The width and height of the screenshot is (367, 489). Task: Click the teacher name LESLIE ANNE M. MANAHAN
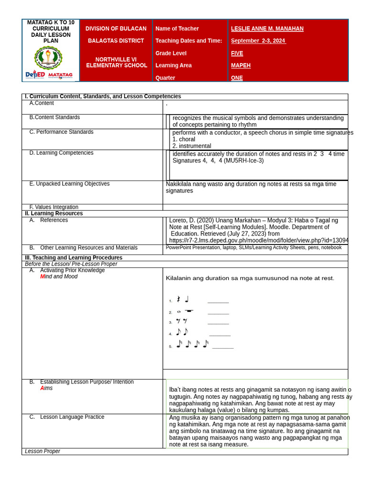[267, 29]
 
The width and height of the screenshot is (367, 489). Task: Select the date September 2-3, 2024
[259, 41]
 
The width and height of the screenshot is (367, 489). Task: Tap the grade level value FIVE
[237, 53]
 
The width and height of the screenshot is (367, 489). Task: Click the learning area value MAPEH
[241, 65]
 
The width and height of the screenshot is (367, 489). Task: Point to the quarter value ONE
[237, 78]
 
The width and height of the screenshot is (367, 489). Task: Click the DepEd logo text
[35, 75]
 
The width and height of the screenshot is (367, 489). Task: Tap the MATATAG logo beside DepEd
[61, 75]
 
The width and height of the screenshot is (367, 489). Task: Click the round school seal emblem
[48, 57]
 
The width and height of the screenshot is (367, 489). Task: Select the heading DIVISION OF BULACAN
[116, 29]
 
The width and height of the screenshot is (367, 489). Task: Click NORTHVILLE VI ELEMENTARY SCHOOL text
[116, 63]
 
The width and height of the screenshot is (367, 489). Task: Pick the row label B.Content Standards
[54, 117]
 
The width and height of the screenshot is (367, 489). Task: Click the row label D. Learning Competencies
[61, 153]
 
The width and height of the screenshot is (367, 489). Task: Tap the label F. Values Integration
[54, 207]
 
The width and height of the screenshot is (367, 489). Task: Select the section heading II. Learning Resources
[54, 213]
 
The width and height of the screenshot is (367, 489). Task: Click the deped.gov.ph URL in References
[259, 241]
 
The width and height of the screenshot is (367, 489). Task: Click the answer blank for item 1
[218, 301]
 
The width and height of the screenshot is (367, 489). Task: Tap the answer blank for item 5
[223, 347]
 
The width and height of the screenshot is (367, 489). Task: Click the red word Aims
[46, 388]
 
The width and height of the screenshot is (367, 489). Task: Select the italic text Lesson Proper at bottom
[43, 451]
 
